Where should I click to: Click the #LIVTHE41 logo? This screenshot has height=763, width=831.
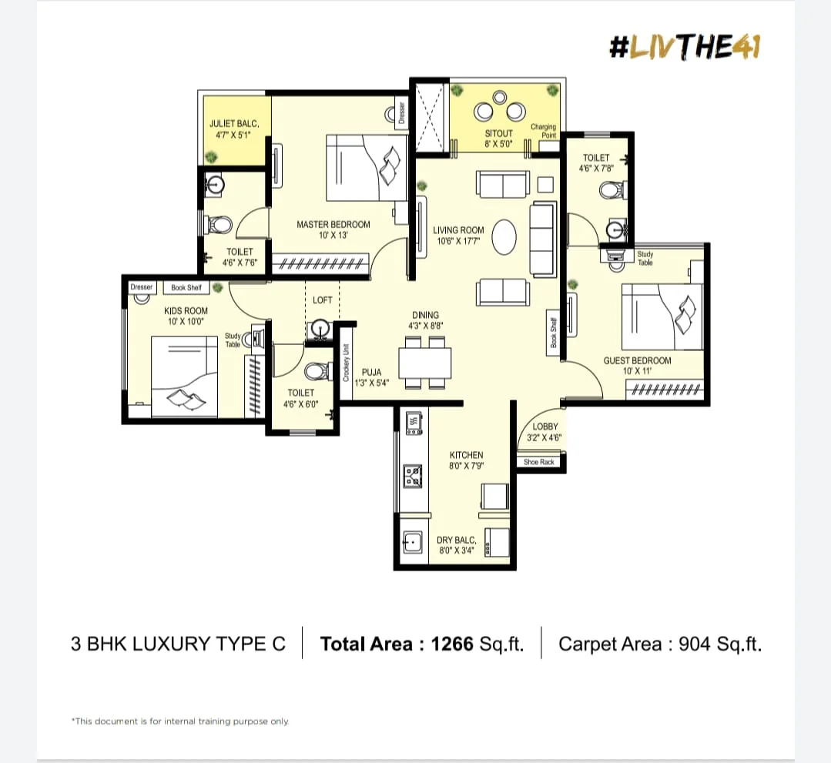(x=685, y=47)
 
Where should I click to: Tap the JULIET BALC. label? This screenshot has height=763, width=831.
(x=234, y=124)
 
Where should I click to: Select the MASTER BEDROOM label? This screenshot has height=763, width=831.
(x=333, y=225)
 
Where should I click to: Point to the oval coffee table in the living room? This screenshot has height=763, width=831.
(x=504, y=237)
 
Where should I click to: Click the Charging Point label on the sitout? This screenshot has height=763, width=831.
(x=544, y=131)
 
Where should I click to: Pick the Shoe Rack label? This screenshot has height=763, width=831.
(x=539, y=462)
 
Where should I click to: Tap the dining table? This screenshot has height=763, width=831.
(x=425, y=363)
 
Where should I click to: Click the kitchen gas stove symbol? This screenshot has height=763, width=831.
(x=414, y=476)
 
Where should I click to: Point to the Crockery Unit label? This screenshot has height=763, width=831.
(x=346, y=363)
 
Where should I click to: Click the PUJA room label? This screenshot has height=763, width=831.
(x=371, y=372)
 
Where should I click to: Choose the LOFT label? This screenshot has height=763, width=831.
(x=322, y=300)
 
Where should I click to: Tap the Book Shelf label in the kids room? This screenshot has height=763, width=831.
(x=186, y=288)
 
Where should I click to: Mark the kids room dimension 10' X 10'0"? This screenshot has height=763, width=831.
(x=186, y=322)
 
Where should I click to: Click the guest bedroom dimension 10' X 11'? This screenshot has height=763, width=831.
(x=637, y=371)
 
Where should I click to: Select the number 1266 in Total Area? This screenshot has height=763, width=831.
(x=452, y=644)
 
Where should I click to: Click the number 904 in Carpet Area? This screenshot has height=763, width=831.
(x=695, y=644)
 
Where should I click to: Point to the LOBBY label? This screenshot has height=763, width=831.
(x=545, y=427)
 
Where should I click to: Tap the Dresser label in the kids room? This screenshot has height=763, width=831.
(x=142, y=287)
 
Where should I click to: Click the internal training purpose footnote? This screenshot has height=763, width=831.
(x=180, y=721)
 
